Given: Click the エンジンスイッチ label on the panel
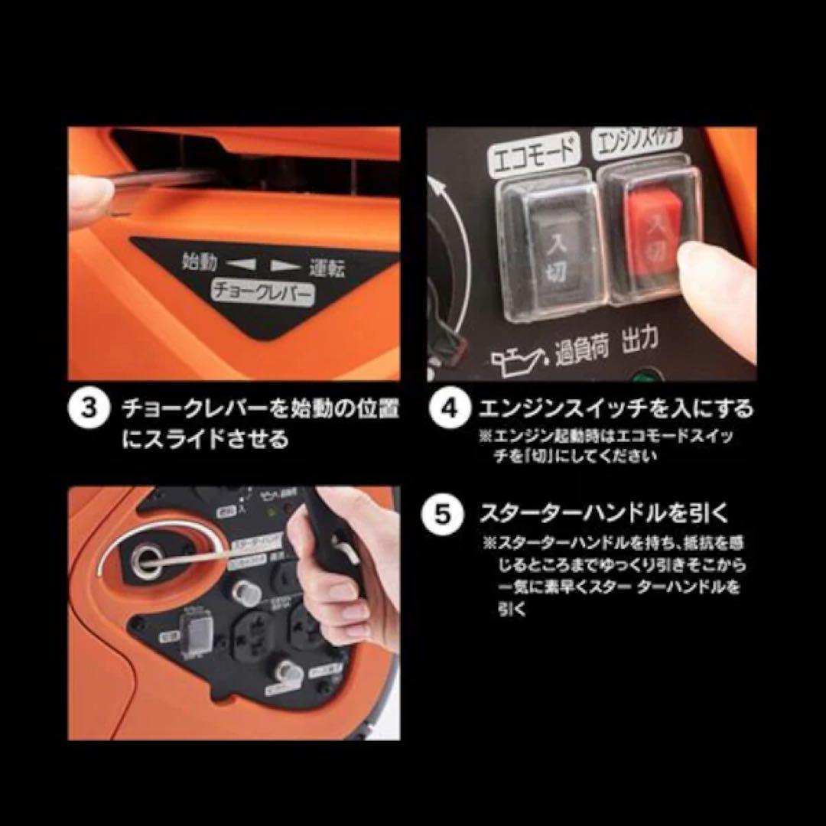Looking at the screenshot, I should point(638,145).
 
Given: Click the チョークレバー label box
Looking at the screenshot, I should point(262,291).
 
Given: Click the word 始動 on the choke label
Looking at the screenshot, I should point(200,262).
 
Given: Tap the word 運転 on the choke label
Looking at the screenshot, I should point(327,268).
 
